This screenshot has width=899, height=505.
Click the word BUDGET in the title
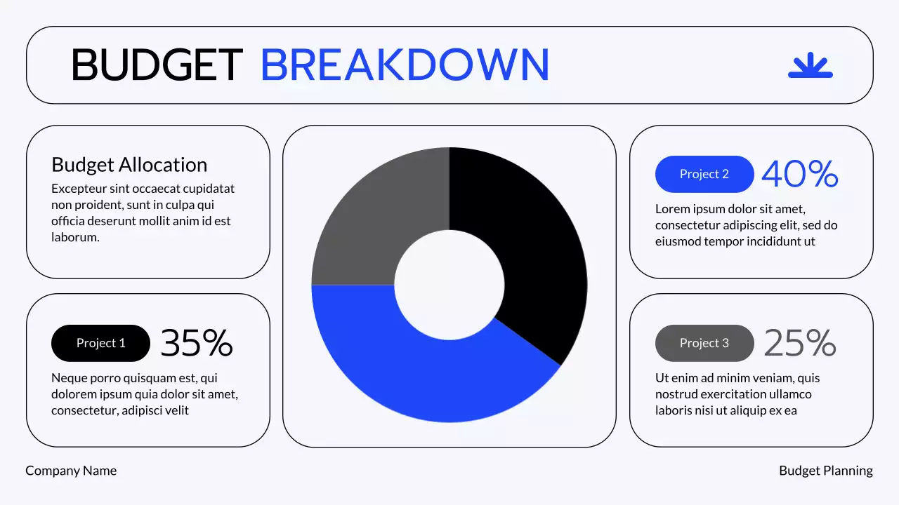(x=157, y=65)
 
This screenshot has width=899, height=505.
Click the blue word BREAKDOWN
(x=405, y=65)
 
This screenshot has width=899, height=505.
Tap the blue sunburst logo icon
(x=810, y=65)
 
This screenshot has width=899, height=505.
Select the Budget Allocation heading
(x=129, y=165)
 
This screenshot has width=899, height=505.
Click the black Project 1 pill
(x=100, y=343)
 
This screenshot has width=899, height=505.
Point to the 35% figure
(x=197, y=343)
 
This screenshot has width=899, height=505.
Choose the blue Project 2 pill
(x=704, y=174)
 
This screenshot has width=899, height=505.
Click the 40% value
(x=799, y=174)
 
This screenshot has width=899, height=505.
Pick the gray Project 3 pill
(x=704, y=343)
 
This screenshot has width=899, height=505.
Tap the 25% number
(x=799, y=343)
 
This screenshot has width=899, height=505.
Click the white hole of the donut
(x=449, y=285)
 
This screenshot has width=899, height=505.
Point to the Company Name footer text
(x=71, y=471)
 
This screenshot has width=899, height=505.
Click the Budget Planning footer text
(x=825, y=471)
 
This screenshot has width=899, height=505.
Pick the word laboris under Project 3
(x=675, y=410)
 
